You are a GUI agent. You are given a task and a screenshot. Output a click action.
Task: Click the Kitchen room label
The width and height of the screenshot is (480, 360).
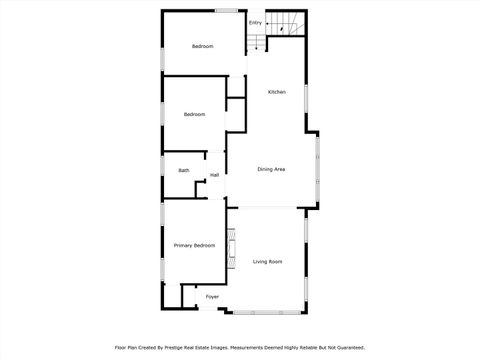[277, 92]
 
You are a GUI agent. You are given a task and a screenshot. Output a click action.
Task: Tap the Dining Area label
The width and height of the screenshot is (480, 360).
[272, 170]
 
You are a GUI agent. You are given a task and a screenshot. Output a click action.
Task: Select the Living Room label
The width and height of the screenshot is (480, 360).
[267, 262]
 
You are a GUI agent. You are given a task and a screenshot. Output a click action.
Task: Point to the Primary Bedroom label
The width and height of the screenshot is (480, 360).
[194, 246]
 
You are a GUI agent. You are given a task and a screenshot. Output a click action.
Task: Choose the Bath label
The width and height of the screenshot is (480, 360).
[184, 171]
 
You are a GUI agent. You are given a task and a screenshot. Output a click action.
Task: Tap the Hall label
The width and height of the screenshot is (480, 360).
[214, 176]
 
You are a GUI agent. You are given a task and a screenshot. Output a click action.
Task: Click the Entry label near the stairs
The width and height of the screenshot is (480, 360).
[256, 23]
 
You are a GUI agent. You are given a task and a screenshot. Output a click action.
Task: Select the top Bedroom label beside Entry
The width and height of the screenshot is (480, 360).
[203, 46]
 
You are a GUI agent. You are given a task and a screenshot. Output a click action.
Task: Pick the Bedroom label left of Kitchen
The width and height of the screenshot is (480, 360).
[194, 115]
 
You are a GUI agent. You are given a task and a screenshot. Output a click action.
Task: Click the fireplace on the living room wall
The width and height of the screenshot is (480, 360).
[231, 249]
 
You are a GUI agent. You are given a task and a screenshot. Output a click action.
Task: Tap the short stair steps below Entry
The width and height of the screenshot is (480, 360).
[258, 43]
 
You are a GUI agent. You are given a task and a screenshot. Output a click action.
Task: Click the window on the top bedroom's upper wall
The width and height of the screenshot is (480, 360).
[226, 11]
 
